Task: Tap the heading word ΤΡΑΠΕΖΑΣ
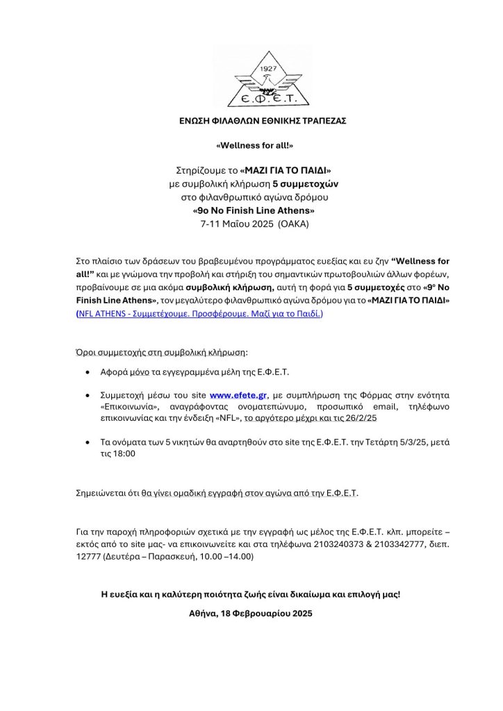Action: [x=326, y=121]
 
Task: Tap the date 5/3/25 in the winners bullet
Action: [x=405, y=442]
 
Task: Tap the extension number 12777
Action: [x=88, y=557]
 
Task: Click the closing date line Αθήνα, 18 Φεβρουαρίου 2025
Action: [x=251, y=613]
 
